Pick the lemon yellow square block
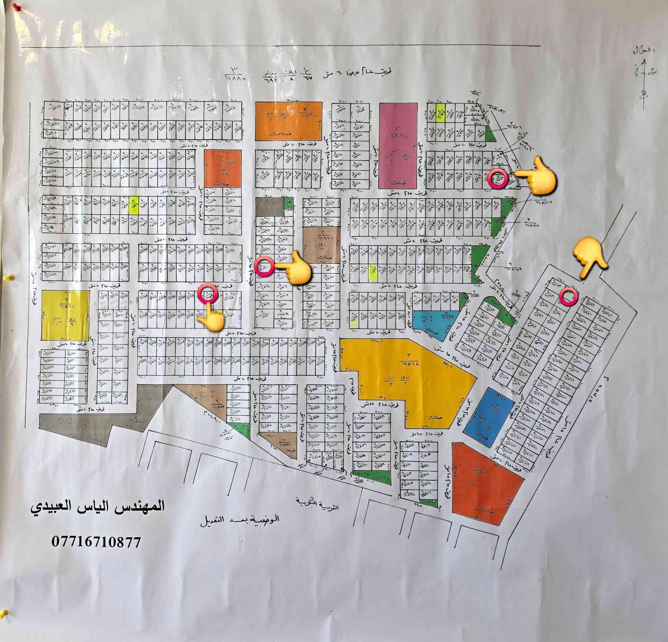click(x=65, y=315)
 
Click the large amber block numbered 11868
click(x=408, y=374)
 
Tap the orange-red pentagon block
click(x=484, y=481)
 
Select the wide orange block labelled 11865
click(x=288, y=121)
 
